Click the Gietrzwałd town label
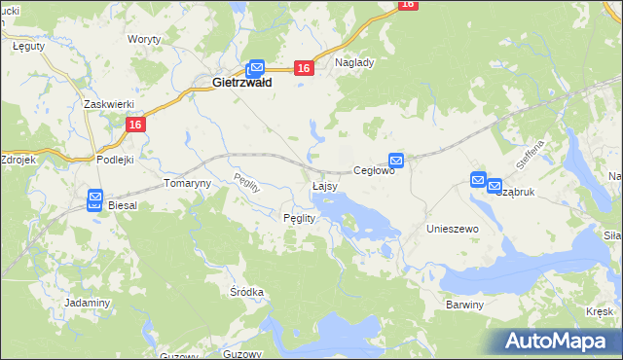241,84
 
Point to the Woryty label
144,40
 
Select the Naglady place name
354,61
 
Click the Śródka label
247,292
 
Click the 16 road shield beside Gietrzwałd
304,68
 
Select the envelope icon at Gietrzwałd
256,67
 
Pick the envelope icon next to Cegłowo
396,160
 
